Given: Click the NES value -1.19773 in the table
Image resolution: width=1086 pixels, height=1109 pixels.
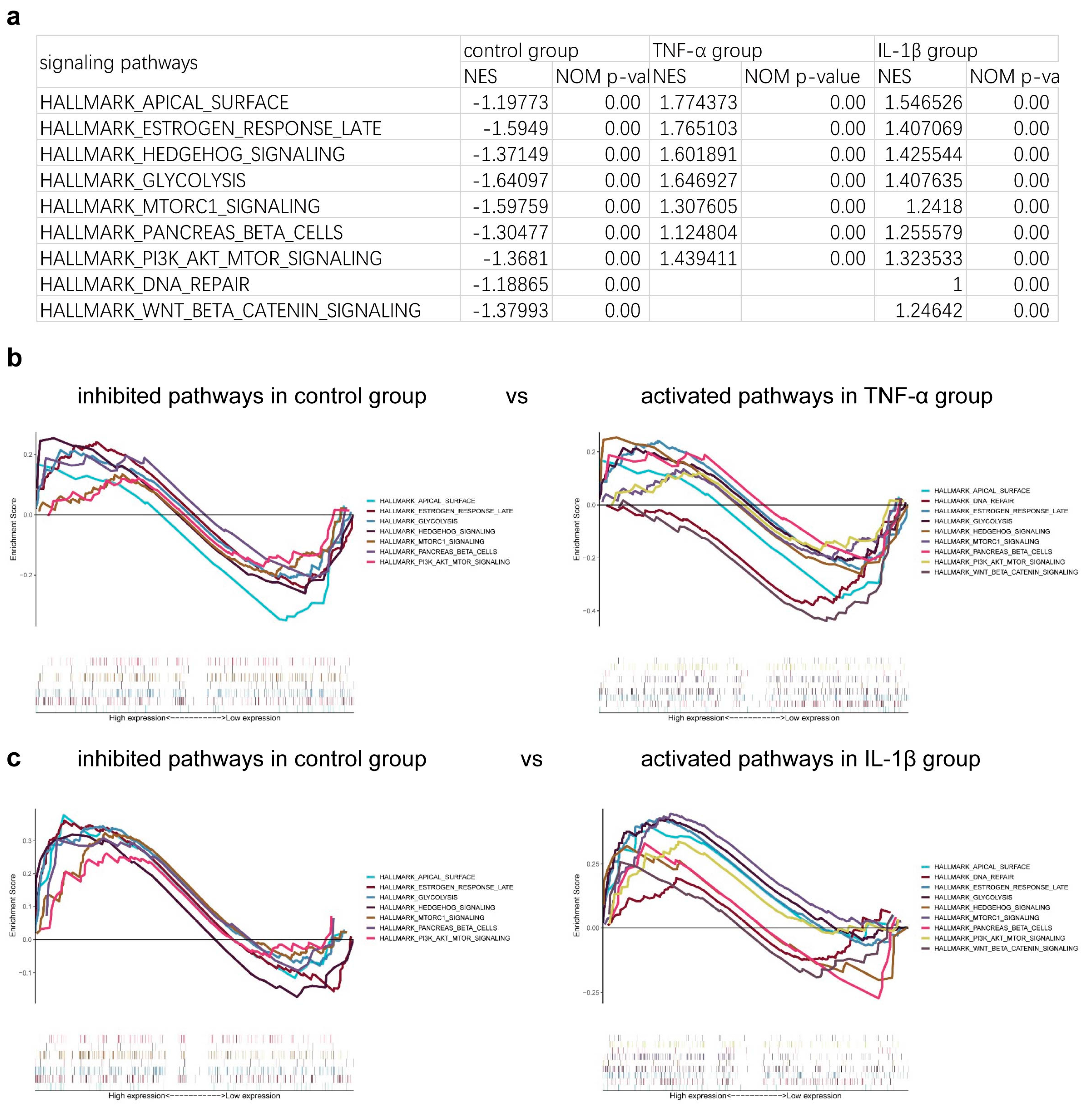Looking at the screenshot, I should pyautogui.click(x=510, y=103).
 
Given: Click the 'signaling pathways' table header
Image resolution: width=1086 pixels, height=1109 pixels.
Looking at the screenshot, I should pyautogui.click(x=119, y=62).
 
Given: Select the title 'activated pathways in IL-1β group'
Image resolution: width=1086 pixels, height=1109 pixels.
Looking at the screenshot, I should pyautogui.click(x=810, y=759).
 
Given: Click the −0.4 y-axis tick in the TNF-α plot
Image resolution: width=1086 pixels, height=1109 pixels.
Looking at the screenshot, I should pyautogui.click(x=589, y=611).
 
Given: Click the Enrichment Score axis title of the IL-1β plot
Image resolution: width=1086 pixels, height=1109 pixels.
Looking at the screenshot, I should pyautogui.click(x=577, y=905).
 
